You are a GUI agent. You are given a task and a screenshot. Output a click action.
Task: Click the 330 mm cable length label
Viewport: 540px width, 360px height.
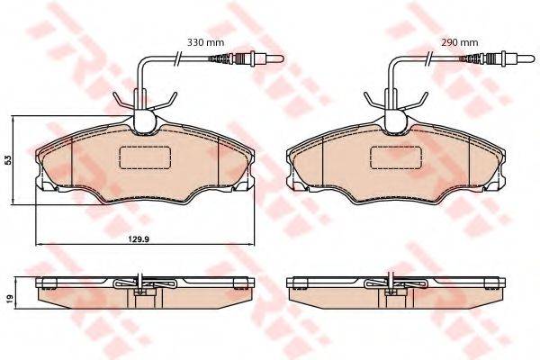pos(205,42)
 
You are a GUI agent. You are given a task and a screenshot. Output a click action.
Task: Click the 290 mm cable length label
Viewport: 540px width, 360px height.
pos(460,42)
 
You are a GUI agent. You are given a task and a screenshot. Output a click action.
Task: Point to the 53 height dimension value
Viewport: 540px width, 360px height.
pos(9,159)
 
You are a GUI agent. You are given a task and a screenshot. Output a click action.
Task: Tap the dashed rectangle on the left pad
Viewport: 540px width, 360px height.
pos(145,157)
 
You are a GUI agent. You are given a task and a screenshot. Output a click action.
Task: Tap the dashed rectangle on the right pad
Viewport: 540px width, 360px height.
pos(397,157)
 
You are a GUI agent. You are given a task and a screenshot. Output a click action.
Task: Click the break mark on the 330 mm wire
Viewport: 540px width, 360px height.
pos(177,58)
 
